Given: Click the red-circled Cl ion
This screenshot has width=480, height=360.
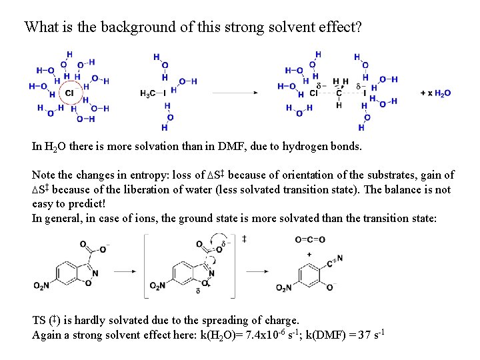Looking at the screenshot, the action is point(69,93).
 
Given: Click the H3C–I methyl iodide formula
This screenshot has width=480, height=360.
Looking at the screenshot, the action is point(153,93).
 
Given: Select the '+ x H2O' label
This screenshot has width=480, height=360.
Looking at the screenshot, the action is point(436,93).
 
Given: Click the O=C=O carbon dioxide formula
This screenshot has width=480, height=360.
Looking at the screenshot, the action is point(310,240).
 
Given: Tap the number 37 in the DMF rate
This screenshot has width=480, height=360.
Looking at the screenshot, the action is point(364,335).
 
